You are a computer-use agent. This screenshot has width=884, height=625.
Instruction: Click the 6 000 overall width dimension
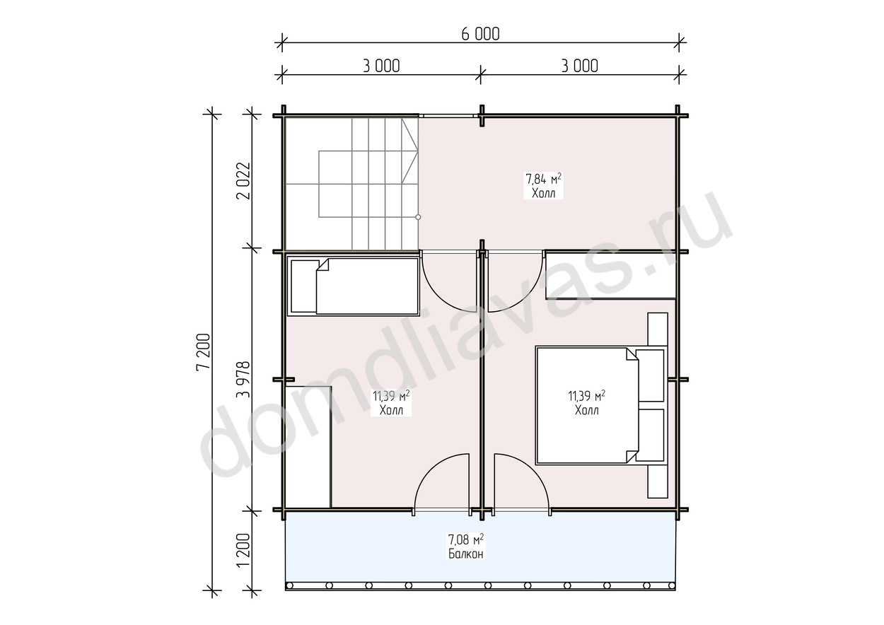(480, 34)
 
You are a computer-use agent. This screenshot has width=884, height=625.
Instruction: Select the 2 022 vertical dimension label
(243, 180)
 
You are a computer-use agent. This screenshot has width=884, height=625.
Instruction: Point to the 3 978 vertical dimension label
(243, 379)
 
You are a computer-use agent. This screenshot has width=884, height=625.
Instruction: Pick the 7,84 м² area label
(543, 179)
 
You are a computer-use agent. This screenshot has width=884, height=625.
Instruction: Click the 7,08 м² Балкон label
(465, 546)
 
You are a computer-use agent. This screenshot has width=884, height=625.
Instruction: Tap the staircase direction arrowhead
(410, 151)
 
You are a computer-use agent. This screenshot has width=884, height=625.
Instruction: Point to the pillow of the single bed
(305, 286)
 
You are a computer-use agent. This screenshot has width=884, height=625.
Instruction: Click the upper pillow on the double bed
(650, 375)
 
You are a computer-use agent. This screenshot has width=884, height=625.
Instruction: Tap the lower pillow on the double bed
(650, 436)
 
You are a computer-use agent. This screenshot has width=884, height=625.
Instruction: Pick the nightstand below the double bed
(658, 481)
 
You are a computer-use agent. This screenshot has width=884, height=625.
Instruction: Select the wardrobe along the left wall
(308, 447)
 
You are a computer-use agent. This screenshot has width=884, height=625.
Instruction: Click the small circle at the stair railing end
(419, 217)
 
